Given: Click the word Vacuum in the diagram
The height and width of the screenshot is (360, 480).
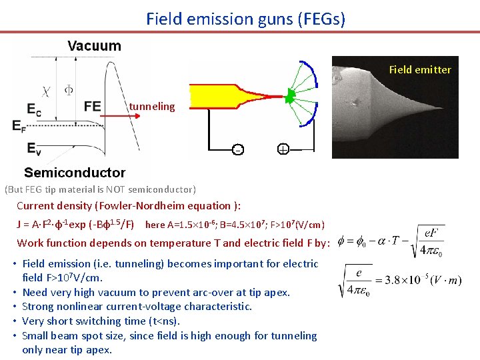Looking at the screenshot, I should point(94,46).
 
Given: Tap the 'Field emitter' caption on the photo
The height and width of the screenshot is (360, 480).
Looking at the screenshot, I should point(420,69).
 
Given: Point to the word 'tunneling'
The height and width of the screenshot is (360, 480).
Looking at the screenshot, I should point(152,107).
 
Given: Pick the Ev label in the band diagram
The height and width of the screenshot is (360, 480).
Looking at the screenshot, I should point(34,147).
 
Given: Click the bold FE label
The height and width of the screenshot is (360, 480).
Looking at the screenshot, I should point(93,107).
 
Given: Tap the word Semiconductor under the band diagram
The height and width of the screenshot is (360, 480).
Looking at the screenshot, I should point(75,173).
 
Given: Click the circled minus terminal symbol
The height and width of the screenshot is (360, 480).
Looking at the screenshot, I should point(237,149).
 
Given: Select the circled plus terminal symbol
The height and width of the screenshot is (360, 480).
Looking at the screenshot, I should point(283,149).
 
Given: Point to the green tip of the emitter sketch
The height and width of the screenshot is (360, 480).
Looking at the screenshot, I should point(291,93).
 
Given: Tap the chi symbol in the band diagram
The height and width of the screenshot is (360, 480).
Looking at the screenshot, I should point(46,89).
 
